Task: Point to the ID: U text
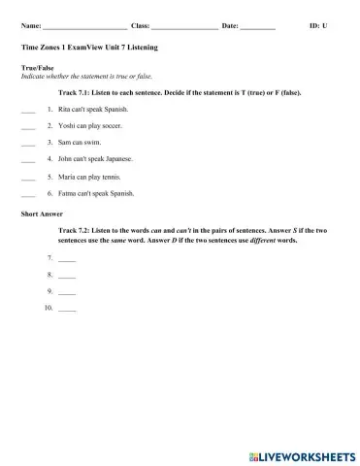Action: (317, 24)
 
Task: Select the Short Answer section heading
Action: (40, 211)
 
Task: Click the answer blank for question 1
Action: (27, 110)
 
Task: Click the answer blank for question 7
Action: (66, 259)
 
